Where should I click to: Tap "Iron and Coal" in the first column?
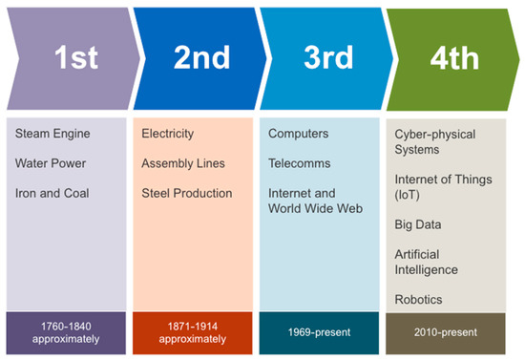tap(52, 193)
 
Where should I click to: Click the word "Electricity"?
tap(167, 134)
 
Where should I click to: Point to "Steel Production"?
tap(186, 193)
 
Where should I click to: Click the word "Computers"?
tap(299, 134)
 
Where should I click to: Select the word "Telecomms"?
tap(299, 163)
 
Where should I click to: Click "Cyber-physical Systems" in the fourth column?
tap(436, 141)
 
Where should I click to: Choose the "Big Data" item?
tap(416, 224)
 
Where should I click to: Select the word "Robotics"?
tap(418, 300)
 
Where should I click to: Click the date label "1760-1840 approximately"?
tap(66, 331)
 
